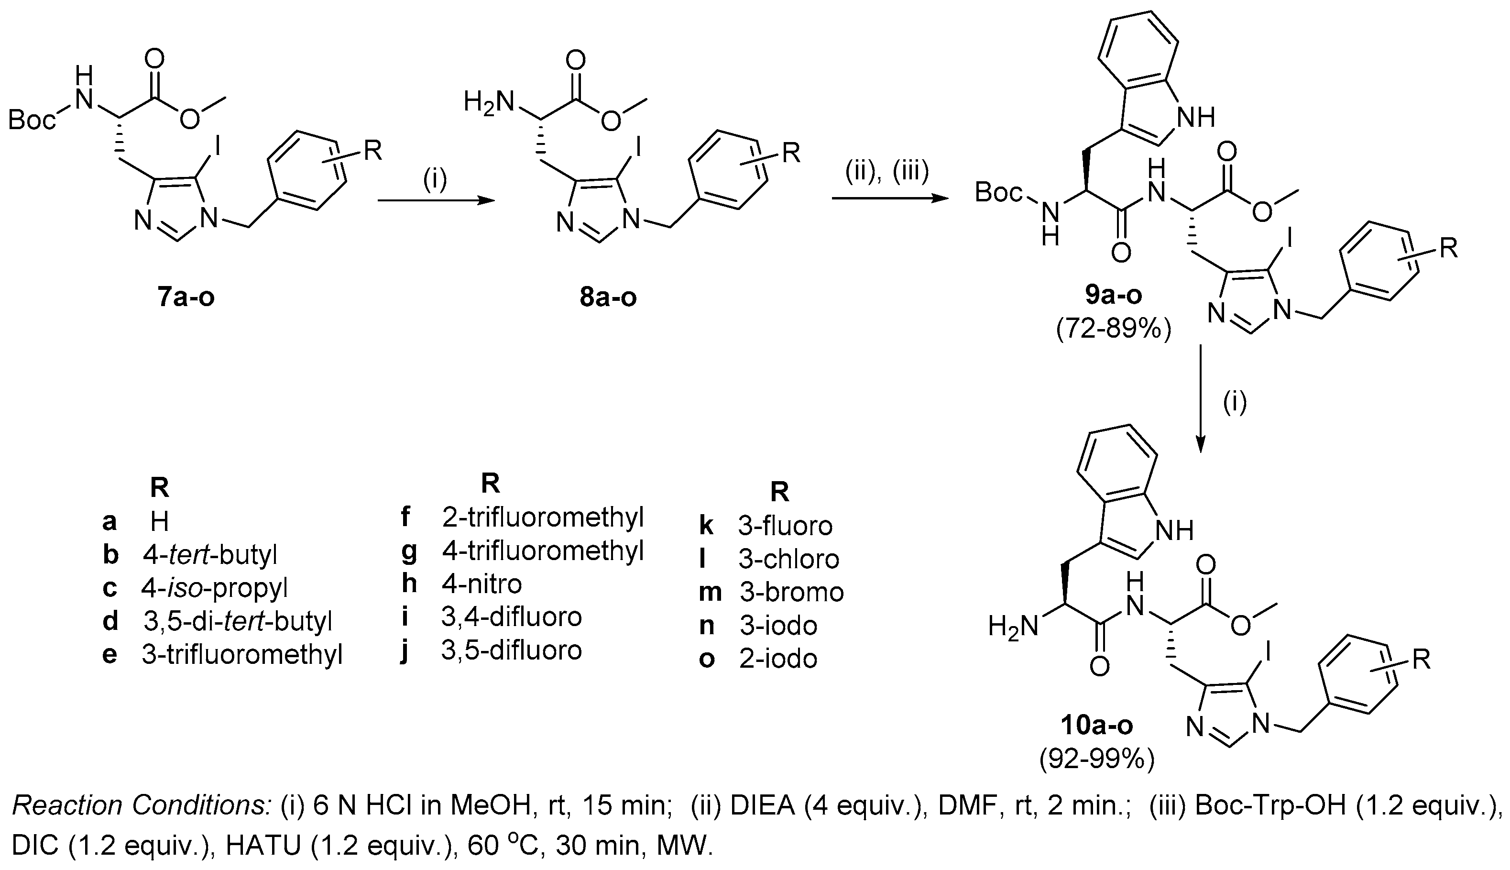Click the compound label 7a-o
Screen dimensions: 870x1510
[186, 297]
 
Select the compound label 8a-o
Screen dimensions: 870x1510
[608, 297]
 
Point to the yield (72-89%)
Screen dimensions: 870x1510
[1114, 329]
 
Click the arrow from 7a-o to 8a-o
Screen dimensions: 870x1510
[436, 202]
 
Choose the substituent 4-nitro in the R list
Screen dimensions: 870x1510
[481, 583]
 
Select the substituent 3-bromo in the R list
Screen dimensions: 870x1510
[791, 592]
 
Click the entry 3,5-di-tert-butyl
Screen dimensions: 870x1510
[237, 621]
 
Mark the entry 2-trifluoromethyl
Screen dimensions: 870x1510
[542, 518]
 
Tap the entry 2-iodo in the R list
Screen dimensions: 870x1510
[777, 659]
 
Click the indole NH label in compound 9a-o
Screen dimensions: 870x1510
[1195, 118]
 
